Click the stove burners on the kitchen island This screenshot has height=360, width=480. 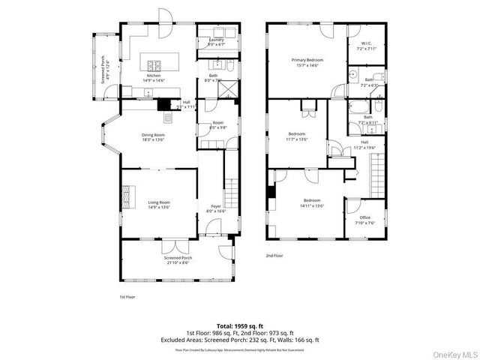(x=154, y=65)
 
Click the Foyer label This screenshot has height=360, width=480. (x=216, y=208)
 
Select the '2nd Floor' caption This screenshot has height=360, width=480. (x=274, y=255)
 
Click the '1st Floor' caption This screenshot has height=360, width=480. (x=127, y=296)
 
